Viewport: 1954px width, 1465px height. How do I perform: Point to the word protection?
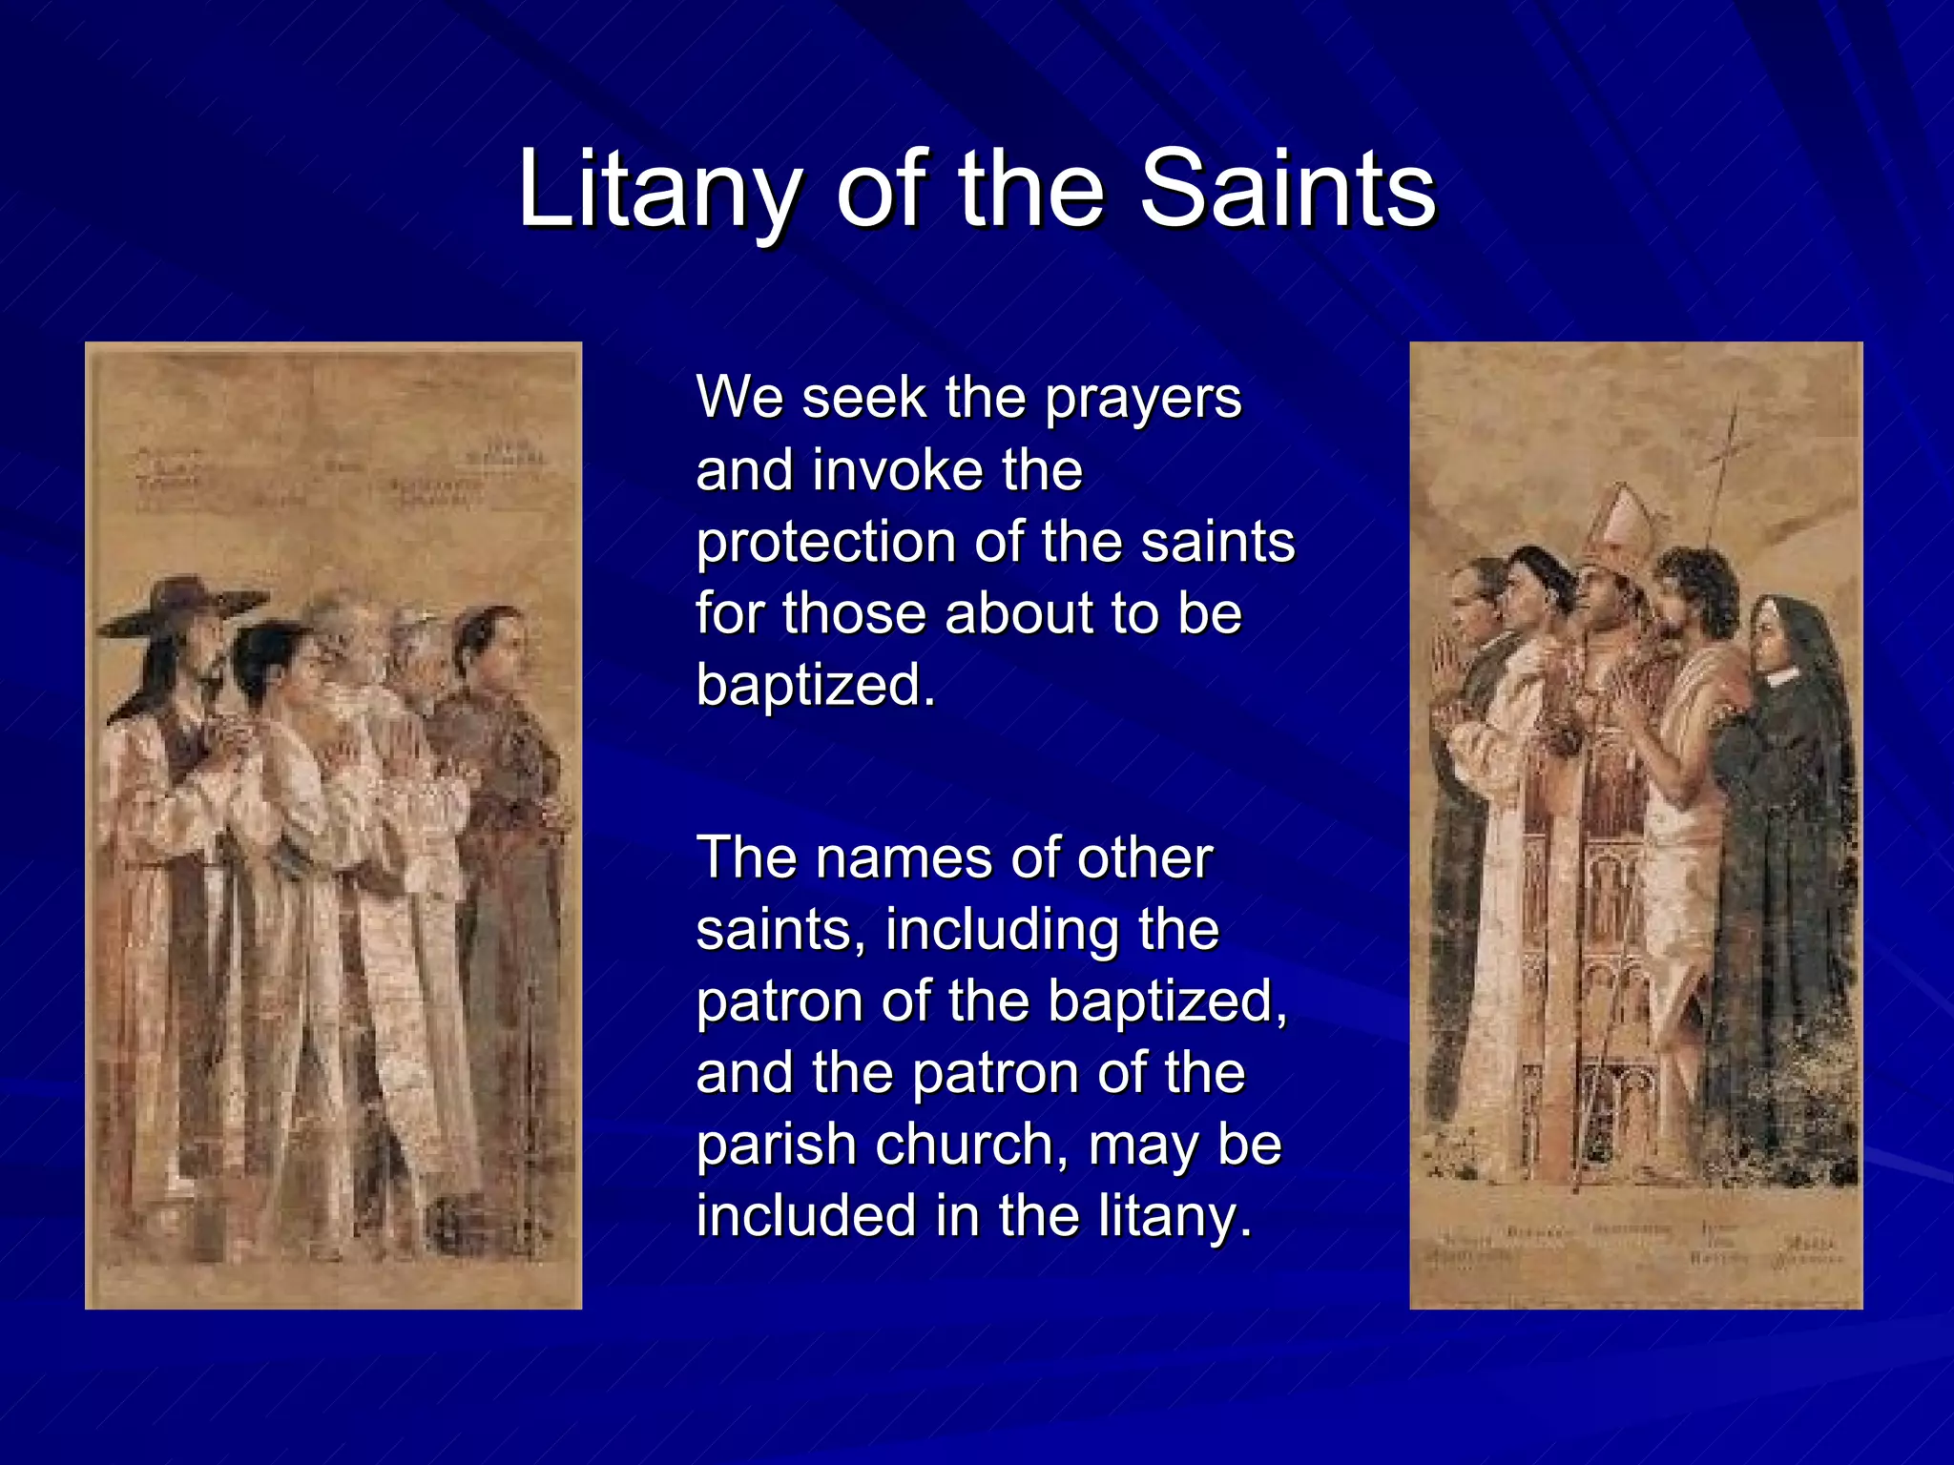click(826, 544)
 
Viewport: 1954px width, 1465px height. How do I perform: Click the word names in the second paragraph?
click(904, 858)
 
